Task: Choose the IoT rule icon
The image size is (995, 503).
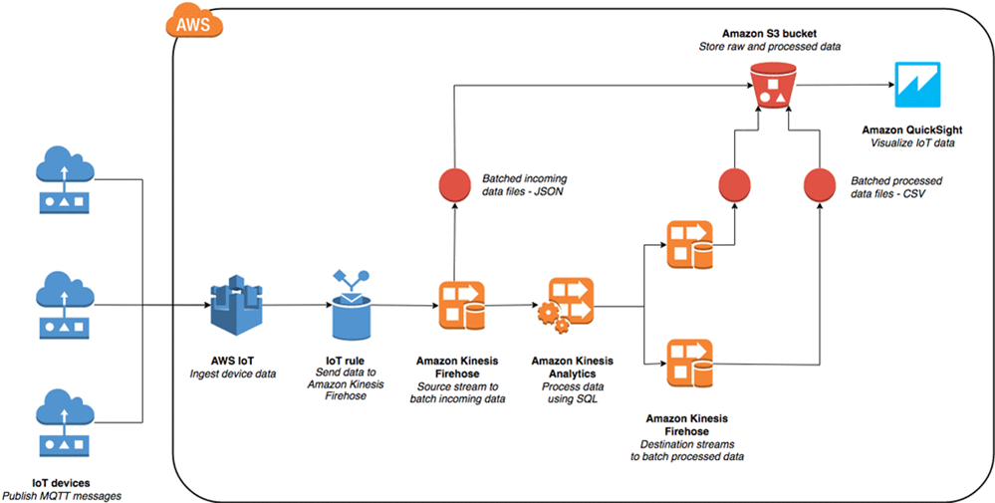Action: click(x=349, y=303)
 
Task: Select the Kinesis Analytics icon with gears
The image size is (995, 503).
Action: click(x=565, y=305)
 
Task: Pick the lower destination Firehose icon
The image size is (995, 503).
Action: click(x=691, y=364)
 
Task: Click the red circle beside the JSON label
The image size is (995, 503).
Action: click(x=454, y=185)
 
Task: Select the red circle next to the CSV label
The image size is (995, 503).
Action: click(x=820, y=185)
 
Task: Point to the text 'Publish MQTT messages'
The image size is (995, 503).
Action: click(x=67, y=495)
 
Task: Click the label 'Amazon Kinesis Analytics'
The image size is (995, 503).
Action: click(x=572, y=366)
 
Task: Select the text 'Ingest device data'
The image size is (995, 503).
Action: click(x=232, y=374)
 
